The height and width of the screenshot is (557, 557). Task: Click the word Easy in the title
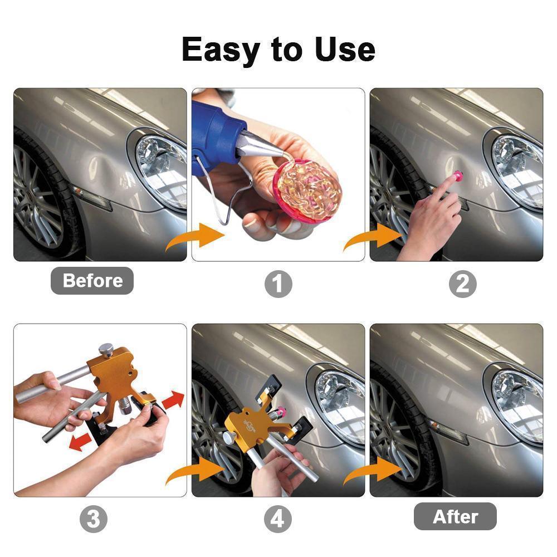tap(221, 50)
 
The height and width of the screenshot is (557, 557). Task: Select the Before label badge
tap(92, 281)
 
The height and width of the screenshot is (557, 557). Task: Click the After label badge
tap(455, 516)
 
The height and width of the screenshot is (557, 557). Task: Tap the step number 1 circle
tap(278, 285)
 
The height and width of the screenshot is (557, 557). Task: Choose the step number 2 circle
tap(463, 285)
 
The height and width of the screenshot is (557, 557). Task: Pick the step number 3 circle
tap(93, 520)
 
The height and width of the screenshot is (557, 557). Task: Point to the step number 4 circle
tap(277, 520)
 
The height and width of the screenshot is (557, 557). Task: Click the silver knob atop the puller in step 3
tap(106, 350)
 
